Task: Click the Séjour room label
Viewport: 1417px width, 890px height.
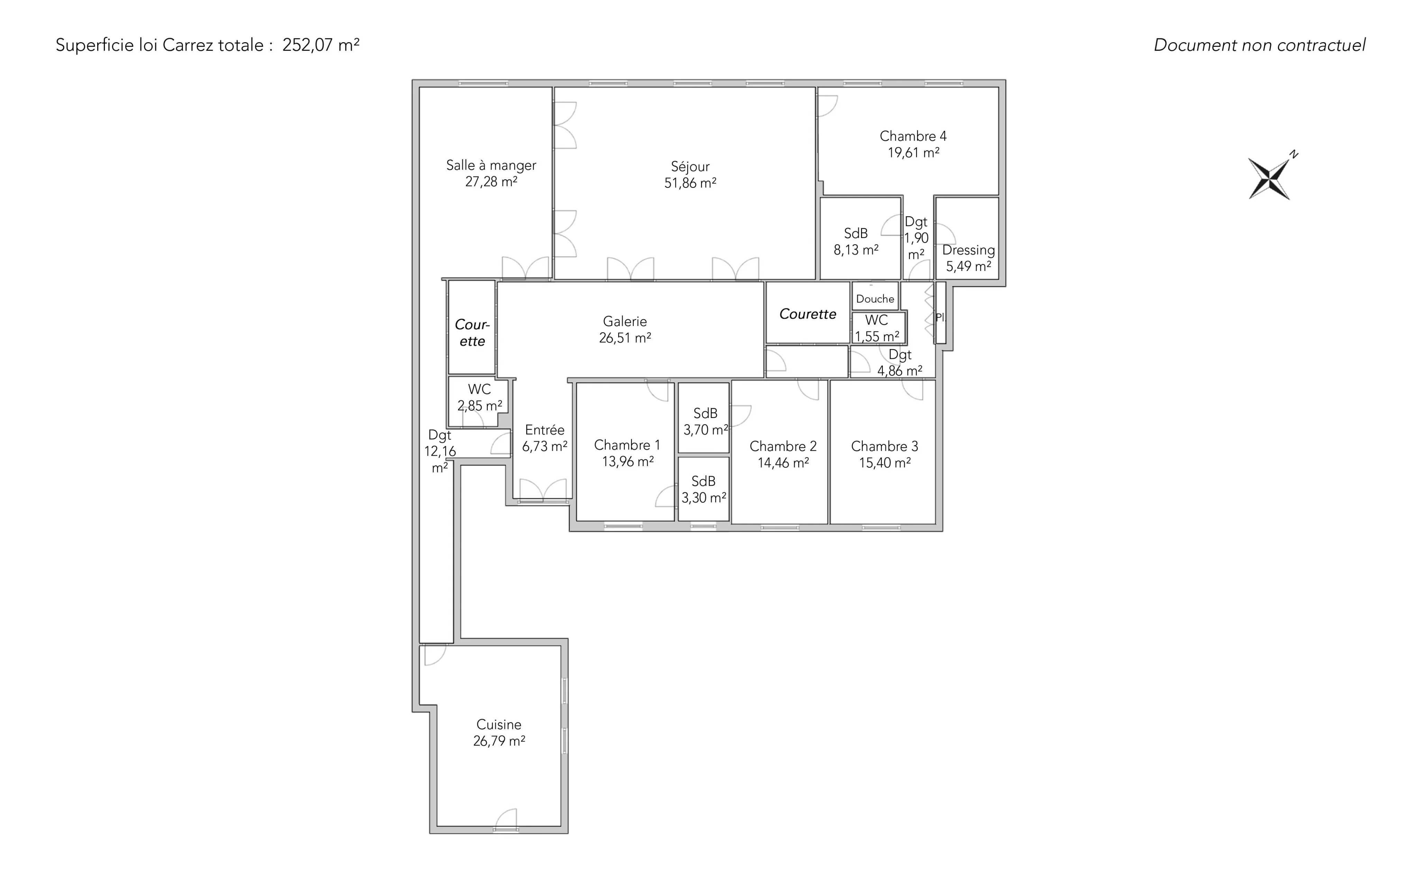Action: tap(690, 166)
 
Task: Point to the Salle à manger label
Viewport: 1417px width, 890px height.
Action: tap(491, 165)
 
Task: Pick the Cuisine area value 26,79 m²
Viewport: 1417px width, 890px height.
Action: tap(499, 741)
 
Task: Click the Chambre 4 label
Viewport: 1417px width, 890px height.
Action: tap(913, 136)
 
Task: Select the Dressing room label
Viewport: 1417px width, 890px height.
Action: tap(969, 250)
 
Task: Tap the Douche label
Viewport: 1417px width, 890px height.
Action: tap(875, 299)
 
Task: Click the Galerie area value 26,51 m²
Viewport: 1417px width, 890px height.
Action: tap(625, 338)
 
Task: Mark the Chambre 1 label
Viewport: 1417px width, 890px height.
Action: tap(627, 445)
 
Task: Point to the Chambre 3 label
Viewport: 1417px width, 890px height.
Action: tap(885, 446)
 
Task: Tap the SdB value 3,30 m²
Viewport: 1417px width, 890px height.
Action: tap(704, 498)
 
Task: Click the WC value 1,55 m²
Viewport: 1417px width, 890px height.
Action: tap(877, 337)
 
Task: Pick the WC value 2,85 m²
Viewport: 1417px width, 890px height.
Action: tap(479, 406)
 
